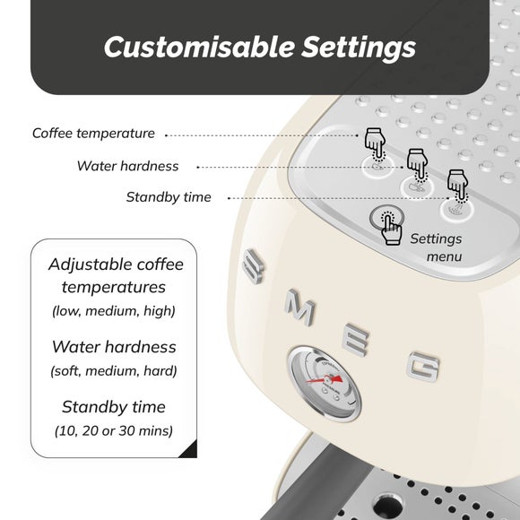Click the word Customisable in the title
point(199,47)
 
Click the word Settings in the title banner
point(359,48)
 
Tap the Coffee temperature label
point(93,134)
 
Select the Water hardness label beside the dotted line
point(127,166)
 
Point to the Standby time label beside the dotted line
point(169,197)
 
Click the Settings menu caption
point(436,247)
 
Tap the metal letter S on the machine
point(254,266)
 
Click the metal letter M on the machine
point(300,308)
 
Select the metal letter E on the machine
point(356,340)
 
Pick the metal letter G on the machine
point(423,367)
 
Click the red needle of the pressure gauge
point(325,380)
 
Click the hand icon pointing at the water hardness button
point(418,165)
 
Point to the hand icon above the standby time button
point(458,186)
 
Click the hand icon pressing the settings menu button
point(391,229)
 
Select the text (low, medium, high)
point(114,311)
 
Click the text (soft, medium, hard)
point(114,371)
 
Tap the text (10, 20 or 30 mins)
point(114,430)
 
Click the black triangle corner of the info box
point(191,451)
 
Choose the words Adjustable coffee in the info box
point(116,264)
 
